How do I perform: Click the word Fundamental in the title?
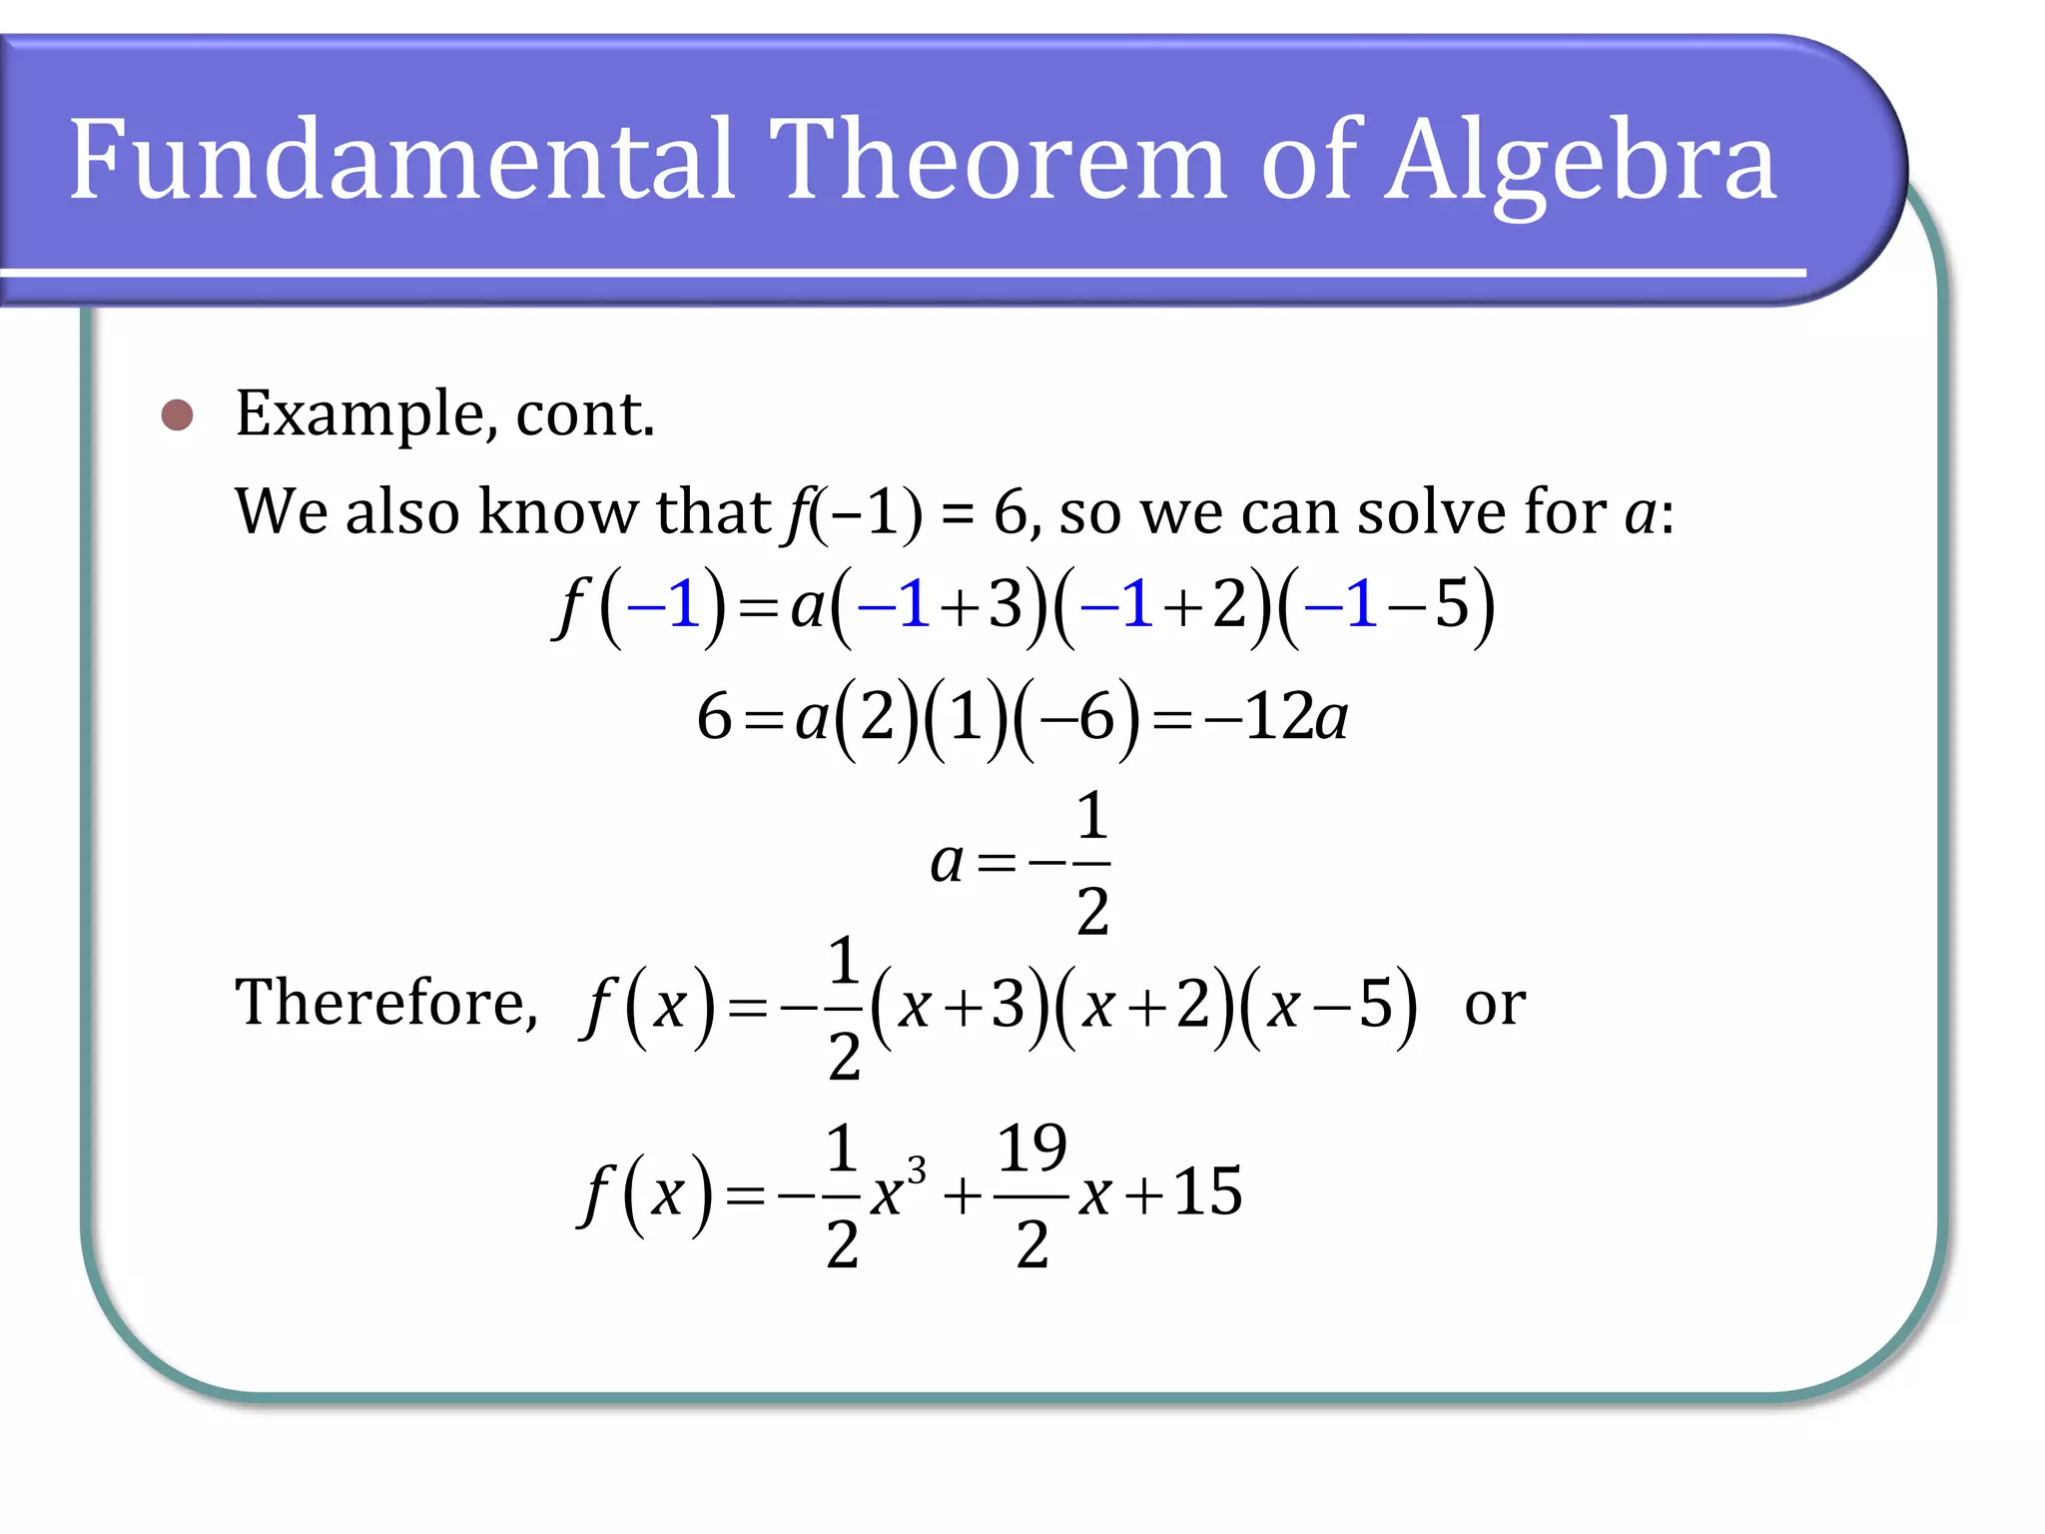click(x=402, y=160)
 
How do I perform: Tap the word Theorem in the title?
click(x=998, y=160)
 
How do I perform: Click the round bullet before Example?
click(x=177, y=414)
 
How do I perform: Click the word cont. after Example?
click(x=584, y=414)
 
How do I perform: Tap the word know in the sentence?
click(x=558, y=511)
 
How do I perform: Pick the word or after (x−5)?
click(x=1494, y=1004)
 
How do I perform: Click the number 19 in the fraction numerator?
click(x=1031, y=1148)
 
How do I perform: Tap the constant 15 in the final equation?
click(x=1207, y=1191)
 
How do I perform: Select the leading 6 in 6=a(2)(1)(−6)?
click(x=714, y=717)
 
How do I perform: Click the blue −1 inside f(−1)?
click(x=663, y=605)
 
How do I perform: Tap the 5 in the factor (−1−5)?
click(x=1452, y=605)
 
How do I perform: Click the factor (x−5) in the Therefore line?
click(x=1327, y=1005)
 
